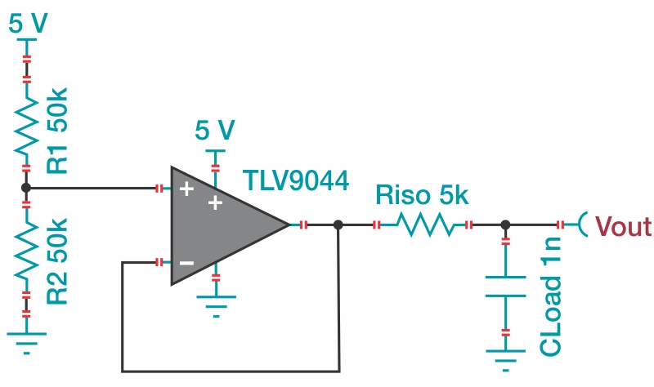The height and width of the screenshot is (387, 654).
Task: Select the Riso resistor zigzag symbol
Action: (x=421, y=224)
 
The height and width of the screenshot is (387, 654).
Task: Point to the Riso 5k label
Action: (x=422, y=197)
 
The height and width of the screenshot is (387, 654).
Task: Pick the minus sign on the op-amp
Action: (x=187, y=263)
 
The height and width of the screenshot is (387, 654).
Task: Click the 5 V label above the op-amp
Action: (x=215, y=131)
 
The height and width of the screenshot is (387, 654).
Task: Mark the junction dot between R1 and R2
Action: (x=26, y=188)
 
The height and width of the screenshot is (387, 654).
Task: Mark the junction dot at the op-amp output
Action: (x=338, y=224)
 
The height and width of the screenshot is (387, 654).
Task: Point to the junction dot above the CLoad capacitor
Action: (x=505, y=224)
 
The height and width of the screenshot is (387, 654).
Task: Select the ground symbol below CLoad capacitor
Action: (x=505, y=359)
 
